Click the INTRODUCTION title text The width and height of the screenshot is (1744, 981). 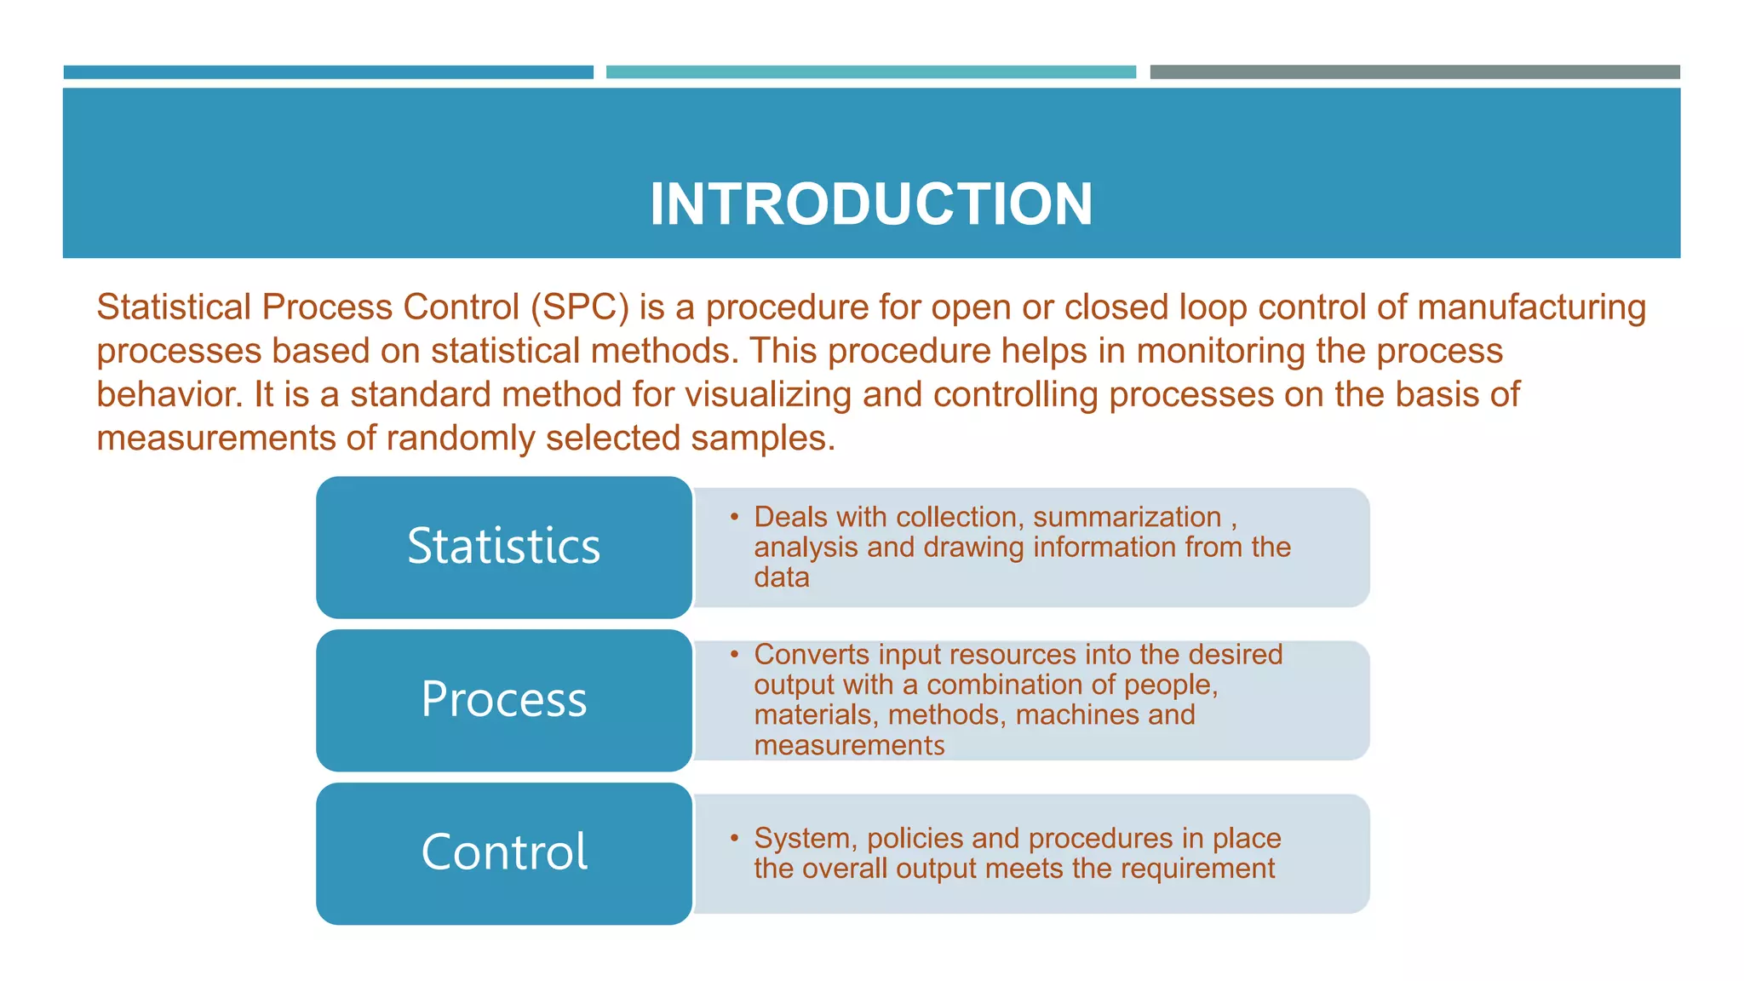[870, 204]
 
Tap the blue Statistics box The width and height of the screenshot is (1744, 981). [503, 547]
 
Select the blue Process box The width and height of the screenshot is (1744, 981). [503, 700]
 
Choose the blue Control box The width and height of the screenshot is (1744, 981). [503, 852]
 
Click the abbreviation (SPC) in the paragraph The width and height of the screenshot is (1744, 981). [579, 307]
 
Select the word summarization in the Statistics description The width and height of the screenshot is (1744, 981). [1127, 517]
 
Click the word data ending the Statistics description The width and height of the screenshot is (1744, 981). [781, 577]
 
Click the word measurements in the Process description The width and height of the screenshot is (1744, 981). [849, 745]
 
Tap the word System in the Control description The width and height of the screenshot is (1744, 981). [805, 838]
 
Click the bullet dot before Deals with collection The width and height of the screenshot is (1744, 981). [734, 516]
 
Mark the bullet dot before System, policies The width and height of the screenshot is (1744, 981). [734, 838]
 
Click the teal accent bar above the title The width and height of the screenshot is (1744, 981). [870, 72]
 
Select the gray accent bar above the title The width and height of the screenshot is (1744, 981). [1414, 72]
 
